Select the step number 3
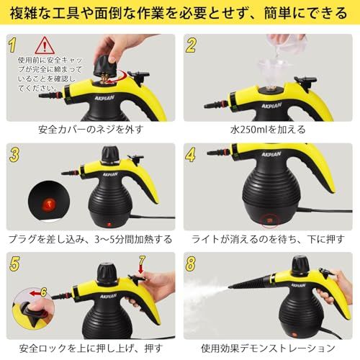click(x=13, y=154)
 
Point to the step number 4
click(x=191, y=154)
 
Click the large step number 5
click(x=13, y=262)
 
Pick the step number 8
click(x=191, y=262)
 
